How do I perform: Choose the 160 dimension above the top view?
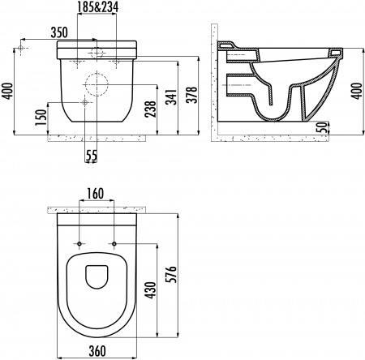97,195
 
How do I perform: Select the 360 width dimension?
97,353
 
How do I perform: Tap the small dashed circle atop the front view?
97,53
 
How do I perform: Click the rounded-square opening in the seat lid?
97,276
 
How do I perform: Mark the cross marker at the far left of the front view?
23,50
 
